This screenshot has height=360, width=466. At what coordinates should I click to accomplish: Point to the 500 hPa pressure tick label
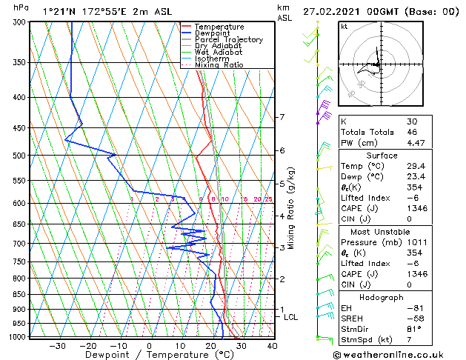(20, 156)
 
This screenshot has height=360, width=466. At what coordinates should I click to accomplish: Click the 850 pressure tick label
(20, 295)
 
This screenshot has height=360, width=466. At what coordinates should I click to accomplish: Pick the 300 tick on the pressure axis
(20, 22)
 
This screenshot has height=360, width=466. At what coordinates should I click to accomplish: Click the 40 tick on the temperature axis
(272, 346)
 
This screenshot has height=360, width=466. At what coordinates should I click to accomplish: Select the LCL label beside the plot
(291, 317)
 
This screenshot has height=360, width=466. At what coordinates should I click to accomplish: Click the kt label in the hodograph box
(344, 27)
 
